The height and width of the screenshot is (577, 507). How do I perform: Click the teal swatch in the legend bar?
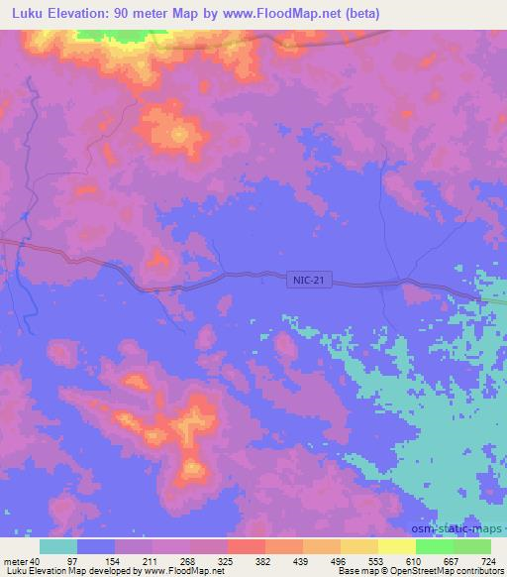(58, 546)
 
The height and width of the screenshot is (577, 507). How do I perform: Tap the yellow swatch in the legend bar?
(396, 546)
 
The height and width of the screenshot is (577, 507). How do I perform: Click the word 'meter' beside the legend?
(17, 560)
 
